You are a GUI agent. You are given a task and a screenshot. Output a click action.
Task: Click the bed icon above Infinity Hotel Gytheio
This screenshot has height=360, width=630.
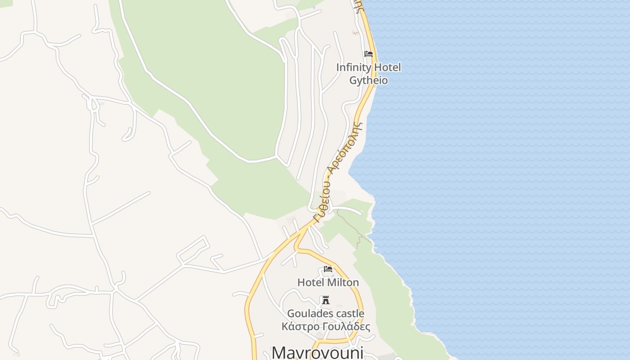(x=369, y=54)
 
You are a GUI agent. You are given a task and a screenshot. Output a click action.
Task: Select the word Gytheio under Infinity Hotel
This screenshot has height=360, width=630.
(x=369, y=81)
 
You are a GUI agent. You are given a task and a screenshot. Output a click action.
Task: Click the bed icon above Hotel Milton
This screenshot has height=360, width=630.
(x=328, y=269)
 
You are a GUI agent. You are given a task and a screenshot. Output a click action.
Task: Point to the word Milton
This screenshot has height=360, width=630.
(x=343, y=283)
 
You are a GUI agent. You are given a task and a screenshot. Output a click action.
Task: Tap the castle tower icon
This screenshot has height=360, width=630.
(x=325, y=300)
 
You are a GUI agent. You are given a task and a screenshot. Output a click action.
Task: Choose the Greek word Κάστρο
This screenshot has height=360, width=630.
(x=300, y=327)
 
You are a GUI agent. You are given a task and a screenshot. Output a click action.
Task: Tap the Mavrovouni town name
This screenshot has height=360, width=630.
(x=318, y=352)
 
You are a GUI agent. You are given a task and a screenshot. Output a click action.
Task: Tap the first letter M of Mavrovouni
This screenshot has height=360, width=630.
(x=279, y=352)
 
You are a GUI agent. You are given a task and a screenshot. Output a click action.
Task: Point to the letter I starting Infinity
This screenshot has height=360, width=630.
(x=337, y=67)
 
